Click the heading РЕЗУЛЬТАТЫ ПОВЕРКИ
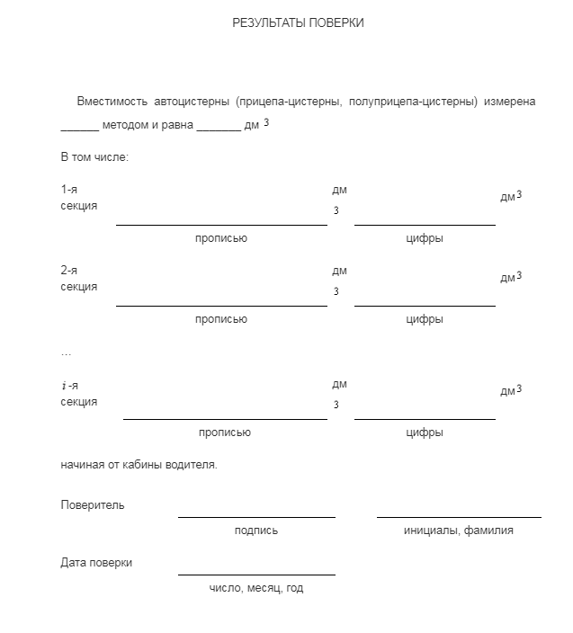298,23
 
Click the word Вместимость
112,102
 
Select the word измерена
510,102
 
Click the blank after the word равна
218,126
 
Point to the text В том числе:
94,157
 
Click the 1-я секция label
78,198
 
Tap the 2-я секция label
78,279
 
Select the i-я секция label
78,393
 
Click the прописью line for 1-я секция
221,223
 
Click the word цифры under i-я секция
425,432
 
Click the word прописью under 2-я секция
221,319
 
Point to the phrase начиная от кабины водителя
139,465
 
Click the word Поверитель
93,504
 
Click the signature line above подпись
256,516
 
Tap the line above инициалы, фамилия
459,516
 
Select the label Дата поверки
96,562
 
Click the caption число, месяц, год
256,588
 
